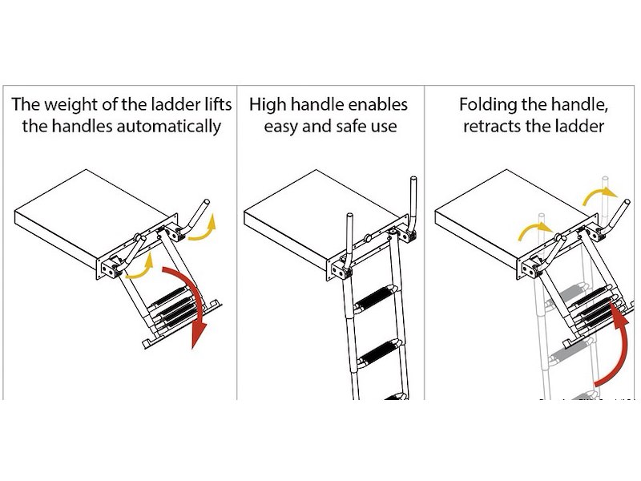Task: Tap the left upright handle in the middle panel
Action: [349, 240]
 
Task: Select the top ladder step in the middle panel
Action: [376, 301]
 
